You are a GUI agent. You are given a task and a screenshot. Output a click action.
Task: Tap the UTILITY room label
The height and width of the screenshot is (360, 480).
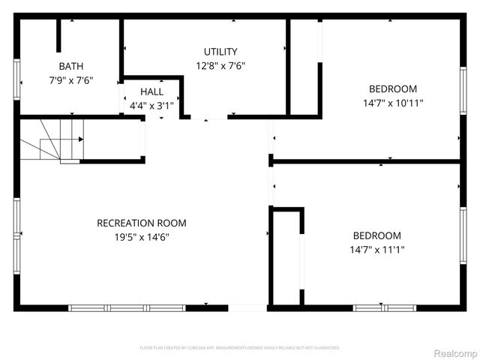(x=220, y=52)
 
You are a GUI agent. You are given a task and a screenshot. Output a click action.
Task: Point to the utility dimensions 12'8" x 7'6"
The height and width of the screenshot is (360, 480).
(x=220, y=65)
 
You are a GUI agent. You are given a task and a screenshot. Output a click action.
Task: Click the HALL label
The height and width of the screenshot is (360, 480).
(x=151, y=91)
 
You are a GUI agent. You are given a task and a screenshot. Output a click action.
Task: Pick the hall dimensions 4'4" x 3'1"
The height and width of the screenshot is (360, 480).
(x=151, y=106)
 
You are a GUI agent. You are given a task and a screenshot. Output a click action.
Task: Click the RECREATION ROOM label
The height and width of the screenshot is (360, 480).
(x=142, y=223)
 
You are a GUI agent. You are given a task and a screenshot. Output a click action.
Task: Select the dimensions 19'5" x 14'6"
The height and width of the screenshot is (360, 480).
(x=142, y=237)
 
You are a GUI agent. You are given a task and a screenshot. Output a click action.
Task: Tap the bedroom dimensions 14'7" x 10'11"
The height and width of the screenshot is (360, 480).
(x=393, y=103)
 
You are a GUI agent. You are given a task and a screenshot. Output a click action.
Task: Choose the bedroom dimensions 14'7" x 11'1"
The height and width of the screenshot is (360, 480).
(x=376, y=250)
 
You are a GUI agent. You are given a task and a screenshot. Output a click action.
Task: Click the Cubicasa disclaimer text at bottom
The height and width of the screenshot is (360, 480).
(x=240, y=348)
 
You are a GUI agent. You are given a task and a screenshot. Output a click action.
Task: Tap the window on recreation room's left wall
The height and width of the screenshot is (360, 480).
(x=16, y=222)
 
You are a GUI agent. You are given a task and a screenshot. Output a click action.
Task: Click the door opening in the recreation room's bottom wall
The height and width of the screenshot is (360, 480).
(x=247, y=307)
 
